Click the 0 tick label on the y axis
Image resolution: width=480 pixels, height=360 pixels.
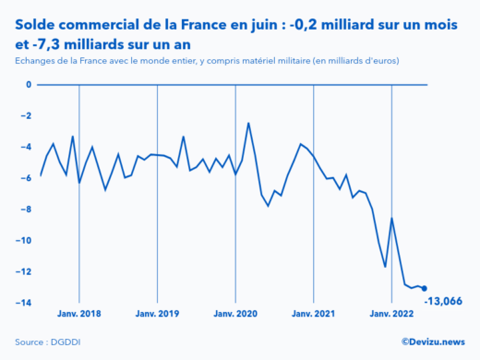[28, 85]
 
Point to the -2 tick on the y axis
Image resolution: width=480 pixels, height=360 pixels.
[26, 116]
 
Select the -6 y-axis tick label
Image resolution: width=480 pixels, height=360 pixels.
[26, 178]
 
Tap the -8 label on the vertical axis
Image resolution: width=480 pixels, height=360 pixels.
[26, 210]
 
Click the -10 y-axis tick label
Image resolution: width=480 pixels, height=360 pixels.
[24, 241]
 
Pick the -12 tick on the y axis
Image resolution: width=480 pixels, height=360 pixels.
[24, 272]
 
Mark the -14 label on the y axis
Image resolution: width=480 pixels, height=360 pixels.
[24, 303]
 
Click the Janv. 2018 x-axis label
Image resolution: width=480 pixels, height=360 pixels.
[78, 314]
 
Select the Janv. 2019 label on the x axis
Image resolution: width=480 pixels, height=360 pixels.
[157, 314]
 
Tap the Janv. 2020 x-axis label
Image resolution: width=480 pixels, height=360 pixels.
[235, 314]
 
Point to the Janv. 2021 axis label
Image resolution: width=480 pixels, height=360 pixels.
[314, 314]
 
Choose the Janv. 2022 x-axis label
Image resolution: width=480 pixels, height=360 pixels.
[392, 314]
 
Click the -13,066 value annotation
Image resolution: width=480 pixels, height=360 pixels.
[443, 301]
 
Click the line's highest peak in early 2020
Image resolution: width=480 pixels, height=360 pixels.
[248, 123]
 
